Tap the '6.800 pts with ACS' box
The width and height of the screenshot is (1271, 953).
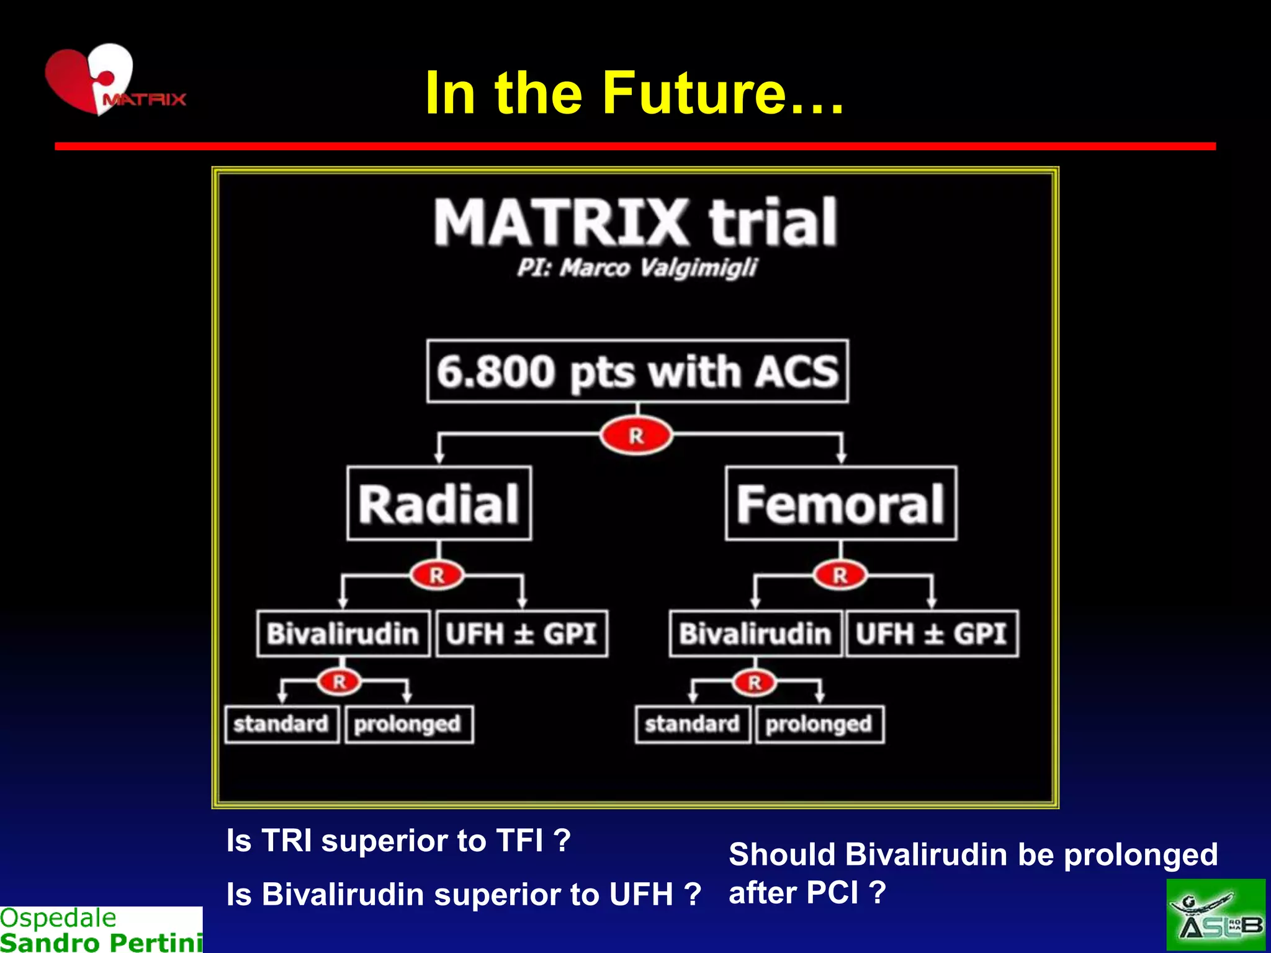point(637,371)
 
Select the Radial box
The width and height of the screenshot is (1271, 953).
point(439,503)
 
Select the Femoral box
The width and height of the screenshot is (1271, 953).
point(840,503)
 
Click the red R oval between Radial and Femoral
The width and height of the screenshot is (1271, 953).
point(636,436)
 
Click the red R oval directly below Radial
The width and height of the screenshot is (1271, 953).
point(437,575)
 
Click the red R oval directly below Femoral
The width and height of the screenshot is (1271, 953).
point(840,575)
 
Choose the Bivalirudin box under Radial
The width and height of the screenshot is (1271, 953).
point(343,633)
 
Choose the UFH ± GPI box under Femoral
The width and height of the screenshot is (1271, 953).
point(931,633)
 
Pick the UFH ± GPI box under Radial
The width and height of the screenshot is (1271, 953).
point(521,633)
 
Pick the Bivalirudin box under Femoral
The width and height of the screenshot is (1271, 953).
point(755,633)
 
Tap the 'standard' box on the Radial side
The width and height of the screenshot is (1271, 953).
point(281,723)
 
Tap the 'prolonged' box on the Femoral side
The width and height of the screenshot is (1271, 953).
point(819,723)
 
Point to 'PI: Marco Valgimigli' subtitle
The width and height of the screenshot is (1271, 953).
point(637,268)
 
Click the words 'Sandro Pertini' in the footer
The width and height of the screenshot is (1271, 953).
point(101,942)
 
